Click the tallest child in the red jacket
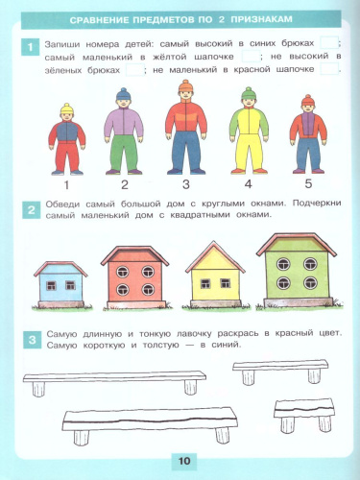pyautogui.click(x=184, y=130)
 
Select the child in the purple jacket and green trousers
pyautogui.click(x=123, y=134)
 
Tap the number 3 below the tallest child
pyautogui.click(x=185, y=185)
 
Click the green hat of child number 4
pyautogui.click(x=248, y=94)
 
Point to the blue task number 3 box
pyautogui.click(x=32, y=338)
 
